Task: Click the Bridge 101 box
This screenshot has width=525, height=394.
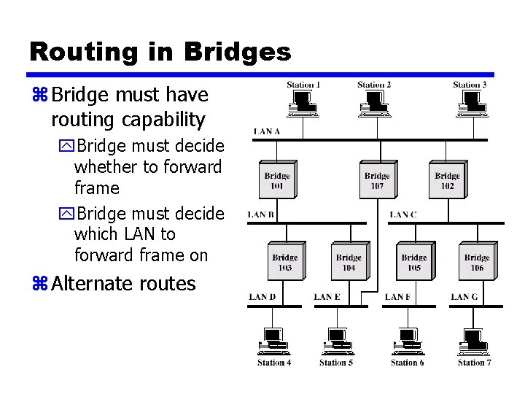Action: pos(278,180)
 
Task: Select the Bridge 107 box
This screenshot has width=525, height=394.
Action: pos(377,180)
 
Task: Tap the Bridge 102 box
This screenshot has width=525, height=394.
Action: pos(447,180)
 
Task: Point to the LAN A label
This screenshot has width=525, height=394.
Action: pos(267,131)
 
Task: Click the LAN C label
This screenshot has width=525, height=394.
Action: pos(403,215)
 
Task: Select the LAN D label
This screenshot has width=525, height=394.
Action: pos(262,297)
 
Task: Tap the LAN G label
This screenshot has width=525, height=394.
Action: pos(464,297)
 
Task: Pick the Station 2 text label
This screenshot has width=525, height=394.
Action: pos(374,85)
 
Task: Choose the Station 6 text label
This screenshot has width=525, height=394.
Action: pos(408,363)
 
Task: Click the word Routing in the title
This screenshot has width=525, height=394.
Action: pos(75,52)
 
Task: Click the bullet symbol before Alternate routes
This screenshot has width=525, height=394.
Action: pos(39,284)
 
